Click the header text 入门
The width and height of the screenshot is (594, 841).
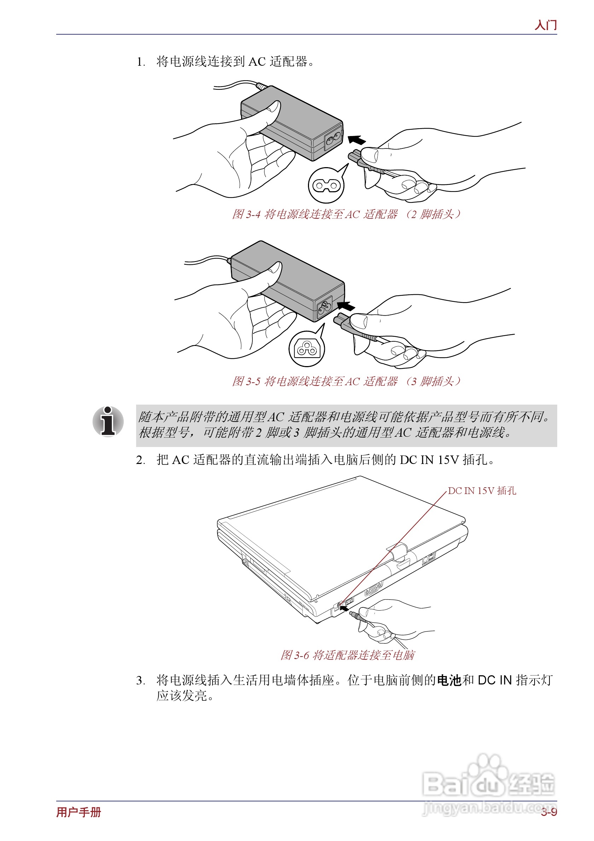[545, 25]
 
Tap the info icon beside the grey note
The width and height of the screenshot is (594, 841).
[108, 422]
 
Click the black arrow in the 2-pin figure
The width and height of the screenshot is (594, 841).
[356, 140]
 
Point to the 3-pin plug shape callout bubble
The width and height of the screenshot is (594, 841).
[307, 349]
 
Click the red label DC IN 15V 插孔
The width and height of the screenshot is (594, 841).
[482, 491]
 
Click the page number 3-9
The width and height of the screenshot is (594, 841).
[548, 812]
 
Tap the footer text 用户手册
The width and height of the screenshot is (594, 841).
[78, 812]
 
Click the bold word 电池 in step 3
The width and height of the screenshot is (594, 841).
[449, 680]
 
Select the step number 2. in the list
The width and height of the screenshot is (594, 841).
[140, 460]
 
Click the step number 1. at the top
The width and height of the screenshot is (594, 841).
[141, 62]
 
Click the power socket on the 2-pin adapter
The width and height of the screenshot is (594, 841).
[333, 138]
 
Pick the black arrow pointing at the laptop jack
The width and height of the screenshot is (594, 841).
[344, 609]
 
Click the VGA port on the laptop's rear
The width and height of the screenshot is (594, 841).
[373, 589]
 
